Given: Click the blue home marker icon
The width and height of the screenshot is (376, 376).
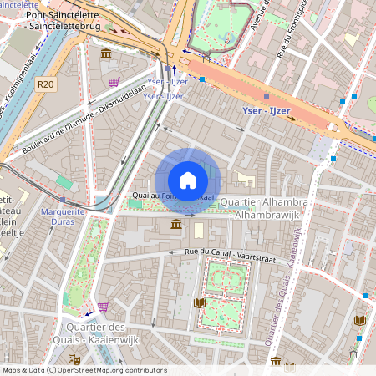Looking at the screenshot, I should click(187, 180).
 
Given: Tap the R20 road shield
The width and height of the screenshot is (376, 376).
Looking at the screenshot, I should click(45, 84).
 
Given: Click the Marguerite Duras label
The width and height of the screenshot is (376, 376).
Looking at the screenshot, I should click(64, 217).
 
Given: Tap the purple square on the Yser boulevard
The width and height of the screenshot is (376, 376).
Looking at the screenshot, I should click(266, 97).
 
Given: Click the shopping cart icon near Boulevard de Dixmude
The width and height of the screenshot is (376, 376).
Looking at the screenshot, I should click(113, 82).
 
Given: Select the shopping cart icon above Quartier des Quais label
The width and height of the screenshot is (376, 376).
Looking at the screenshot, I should click(103, 307).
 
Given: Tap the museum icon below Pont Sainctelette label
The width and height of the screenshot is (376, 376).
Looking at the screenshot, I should click(106, 54).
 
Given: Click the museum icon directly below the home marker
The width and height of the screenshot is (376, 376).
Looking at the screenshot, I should click(176, 225).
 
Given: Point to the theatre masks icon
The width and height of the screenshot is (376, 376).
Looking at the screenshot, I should click(289, 366).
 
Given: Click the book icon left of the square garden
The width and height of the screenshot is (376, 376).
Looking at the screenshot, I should click(199, 302).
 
